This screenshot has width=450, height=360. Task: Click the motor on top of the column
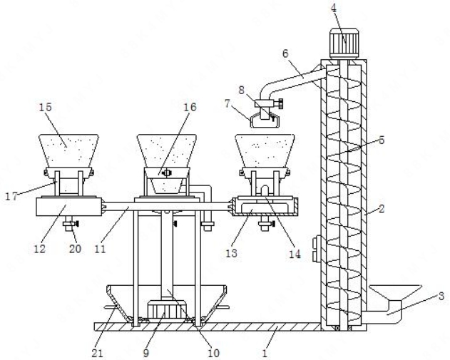pyautogui.click(x=344, y=43)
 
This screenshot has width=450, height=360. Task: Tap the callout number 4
pyautogui.click(x=334, y=8)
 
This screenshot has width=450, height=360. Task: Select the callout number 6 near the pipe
pyautogui.click(x=285, y=53)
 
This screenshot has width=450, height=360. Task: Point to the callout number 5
pyautogui.click(x=382, y=140)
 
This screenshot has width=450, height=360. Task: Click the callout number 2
pyautogui.click(x=382, y=209)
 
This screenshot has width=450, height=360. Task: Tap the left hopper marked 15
pyautogui.click(x=69, y=151)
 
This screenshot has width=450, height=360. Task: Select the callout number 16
pyautogui.click(x=190, y=107)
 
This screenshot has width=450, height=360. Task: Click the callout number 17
pyautogui.click(x=11, y=197)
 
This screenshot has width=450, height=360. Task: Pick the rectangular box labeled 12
pyautogui.click(x=68, y=207)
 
